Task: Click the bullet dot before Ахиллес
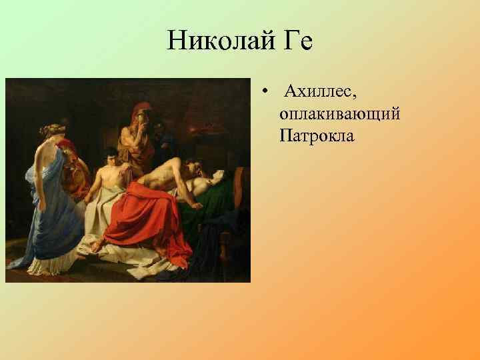[x=265, y=91]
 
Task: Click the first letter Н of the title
[x=175, y=41]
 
